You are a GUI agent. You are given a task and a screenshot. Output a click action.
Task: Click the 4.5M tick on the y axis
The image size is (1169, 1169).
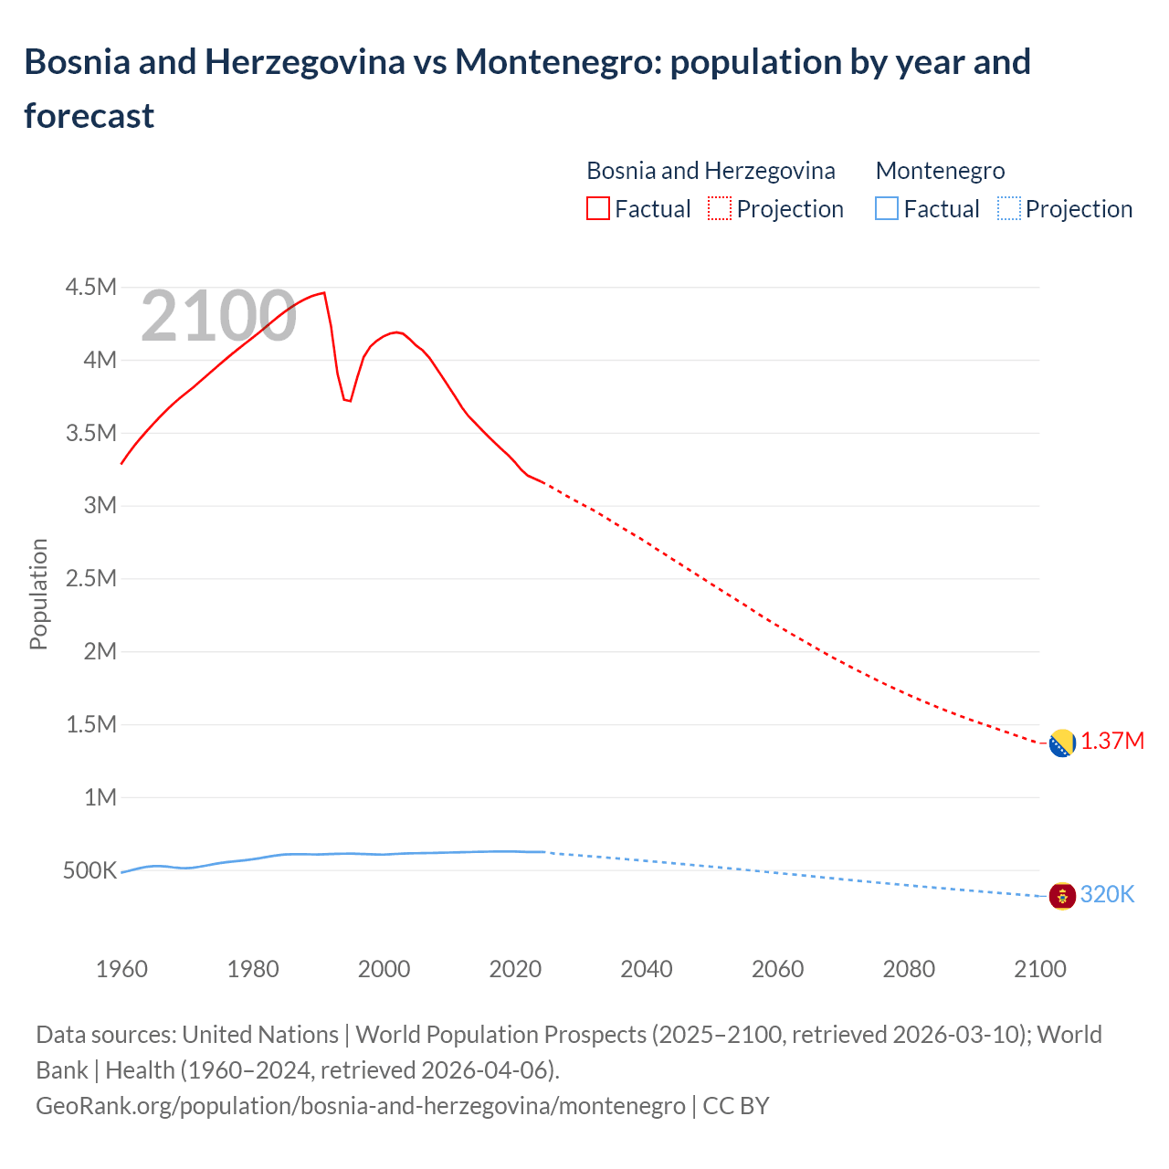pyautogui.click(x=90, y=288)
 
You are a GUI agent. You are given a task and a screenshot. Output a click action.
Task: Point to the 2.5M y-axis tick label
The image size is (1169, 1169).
pyautogui.click(x=90, y=579)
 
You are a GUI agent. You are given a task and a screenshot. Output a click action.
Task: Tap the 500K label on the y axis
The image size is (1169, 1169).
pyautogui.click(x=90, y=871)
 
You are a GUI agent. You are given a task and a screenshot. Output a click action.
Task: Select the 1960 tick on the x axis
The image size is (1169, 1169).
pyautogui.click(x=121, y=969)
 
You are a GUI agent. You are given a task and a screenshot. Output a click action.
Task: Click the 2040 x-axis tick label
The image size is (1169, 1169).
pyautogui.click(x=647, y=969)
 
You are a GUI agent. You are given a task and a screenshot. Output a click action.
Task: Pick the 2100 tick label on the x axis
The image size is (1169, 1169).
pyautogui.click(x=1040, y=969)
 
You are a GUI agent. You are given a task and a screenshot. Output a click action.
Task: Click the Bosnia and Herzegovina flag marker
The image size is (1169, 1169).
pyautogui.click(x=1062, y=743)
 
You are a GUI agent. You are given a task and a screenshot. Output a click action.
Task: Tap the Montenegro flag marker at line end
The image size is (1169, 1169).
pyautogui.click(x=1062, y=896)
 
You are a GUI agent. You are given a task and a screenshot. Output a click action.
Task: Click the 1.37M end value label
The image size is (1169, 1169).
pyautogui.click(x=1112, y=741)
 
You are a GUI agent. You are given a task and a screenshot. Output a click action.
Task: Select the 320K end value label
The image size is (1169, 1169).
pyautogui.click(x=1107, y=894)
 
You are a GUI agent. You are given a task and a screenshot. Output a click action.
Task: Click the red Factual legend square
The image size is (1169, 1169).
pyautogui.click(x=598, y=209)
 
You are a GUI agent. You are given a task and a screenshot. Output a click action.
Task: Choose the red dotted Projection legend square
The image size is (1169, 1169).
pyautogui.click(x=720, y=209)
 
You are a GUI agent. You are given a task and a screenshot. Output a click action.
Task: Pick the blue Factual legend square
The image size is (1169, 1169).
pyautogui.click(x=887, y=209)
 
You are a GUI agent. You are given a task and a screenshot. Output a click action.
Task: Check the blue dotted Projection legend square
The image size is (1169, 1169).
pyautogui.click(x=1009, y=209)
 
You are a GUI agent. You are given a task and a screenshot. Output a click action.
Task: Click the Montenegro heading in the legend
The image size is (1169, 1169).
pyautogui.click(x=940, y=171)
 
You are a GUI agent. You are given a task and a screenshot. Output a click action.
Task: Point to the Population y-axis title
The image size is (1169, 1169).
pyautogui.click(x=38, y=594)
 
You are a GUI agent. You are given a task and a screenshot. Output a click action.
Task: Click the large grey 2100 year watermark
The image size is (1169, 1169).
pyautogui.click(x=218, y=316)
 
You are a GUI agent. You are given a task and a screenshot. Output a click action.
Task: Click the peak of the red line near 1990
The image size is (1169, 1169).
pyautogui.click(x=324, y=293)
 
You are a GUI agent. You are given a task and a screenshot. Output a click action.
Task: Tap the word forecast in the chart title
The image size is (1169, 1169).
pyautogui.click(x=90, y=116)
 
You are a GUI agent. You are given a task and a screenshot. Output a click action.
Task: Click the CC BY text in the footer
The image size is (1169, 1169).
pyautogui.click(x=735, y=1105)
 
